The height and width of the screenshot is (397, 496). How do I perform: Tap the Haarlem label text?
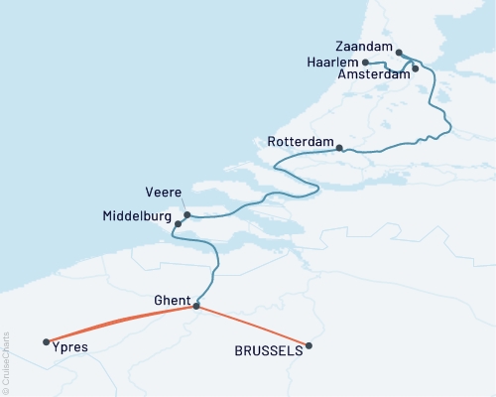[332, 62]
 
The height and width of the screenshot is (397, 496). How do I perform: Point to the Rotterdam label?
[300, 143]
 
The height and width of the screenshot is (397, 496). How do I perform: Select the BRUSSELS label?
[268, 350]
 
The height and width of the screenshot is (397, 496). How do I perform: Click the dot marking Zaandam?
[399, 53]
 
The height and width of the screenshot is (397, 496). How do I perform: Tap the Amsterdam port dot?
[416, 68]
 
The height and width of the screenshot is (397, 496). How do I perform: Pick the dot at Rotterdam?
[340, 149]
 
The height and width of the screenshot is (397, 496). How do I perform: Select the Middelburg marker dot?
[178, 224]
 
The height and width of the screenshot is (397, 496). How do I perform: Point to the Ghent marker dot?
[195, 306]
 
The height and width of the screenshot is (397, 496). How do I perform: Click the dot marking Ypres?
[47, 342]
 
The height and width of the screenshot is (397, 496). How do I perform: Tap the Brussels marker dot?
[310, 345]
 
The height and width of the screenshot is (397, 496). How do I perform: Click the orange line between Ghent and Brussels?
[253, 326]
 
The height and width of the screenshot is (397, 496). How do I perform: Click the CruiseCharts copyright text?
[6, 362]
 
